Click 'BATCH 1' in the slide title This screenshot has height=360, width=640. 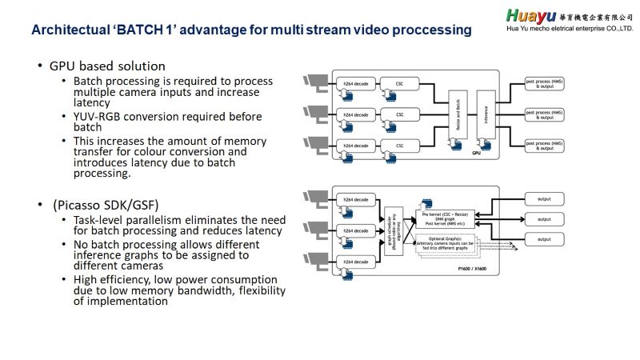click(x=150, y=30)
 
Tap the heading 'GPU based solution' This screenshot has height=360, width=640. click(x=107, y=66)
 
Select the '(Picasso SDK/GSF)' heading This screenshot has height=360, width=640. click(x=100, y=204)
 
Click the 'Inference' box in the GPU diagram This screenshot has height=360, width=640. click(x=486, y=114)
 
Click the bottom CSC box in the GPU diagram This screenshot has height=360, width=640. click(x=400, y=145)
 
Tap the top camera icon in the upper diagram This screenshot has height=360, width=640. click(x=314, y=80)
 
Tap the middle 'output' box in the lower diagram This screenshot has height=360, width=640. click(x=544, y=218)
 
